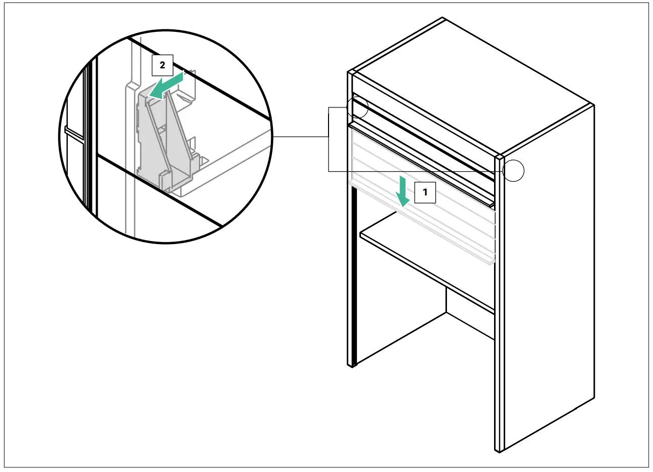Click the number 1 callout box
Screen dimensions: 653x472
(425, 192)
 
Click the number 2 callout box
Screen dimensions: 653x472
(162, 65)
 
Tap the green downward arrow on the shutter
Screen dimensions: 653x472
(403, 192)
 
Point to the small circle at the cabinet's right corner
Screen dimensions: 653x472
(514, 171)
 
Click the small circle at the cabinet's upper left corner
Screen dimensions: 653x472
(357, 106)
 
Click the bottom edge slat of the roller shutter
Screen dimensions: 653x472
(420, 223)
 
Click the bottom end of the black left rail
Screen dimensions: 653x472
(353, 364)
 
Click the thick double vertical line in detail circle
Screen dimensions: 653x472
(91, 137)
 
